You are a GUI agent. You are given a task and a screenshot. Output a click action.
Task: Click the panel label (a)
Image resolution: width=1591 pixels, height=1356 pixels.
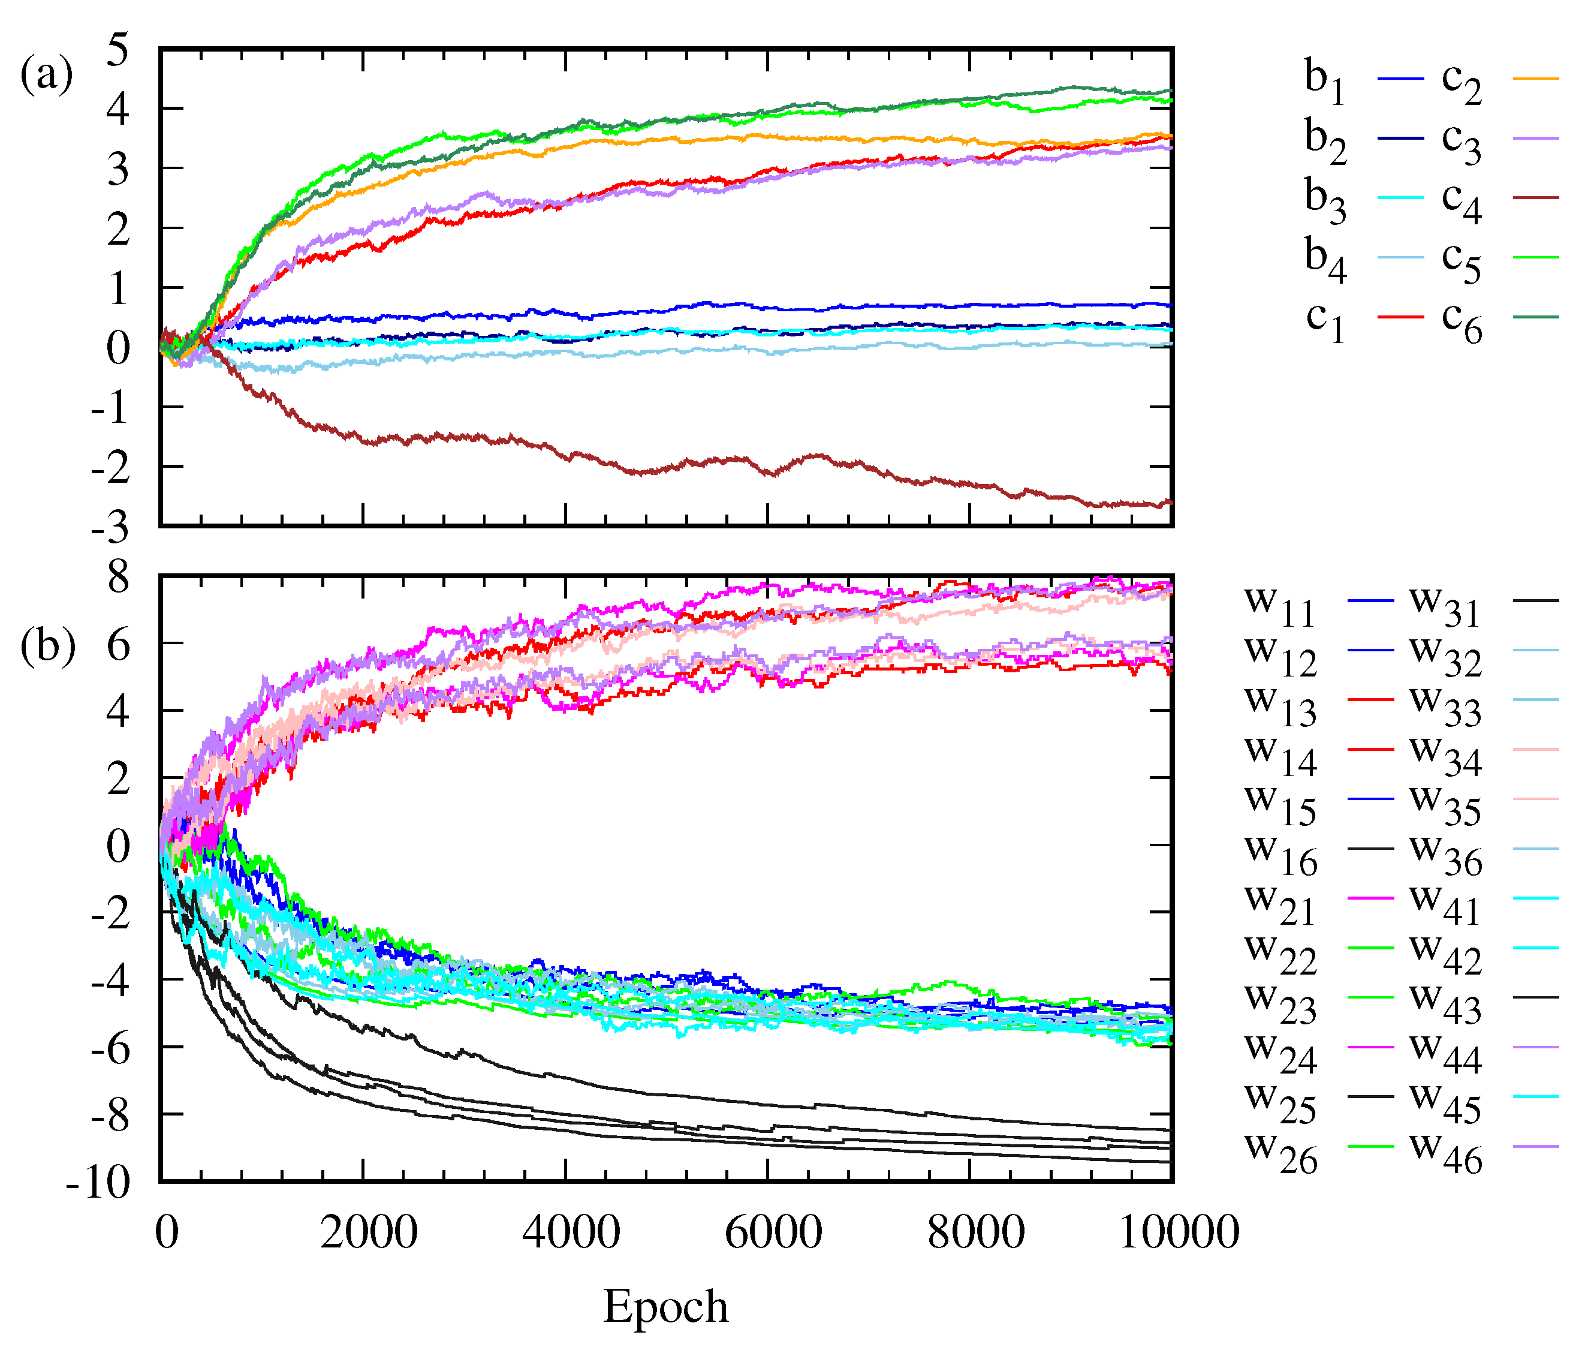(46, 76)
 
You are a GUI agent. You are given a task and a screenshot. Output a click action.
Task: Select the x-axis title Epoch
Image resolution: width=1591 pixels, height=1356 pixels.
(665, 1306)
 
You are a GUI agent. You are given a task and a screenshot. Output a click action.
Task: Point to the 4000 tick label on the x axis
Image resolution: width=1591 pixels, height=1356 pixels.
(571, 1232)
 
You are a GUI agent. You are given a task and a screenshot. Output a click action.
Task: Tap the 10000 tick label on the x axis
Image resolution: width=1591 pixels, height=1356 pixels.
(1179, 1232)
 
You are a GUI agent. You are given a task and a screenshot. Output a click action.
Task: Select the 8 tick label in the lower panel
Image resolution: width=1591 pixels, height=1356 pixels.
(118, 576)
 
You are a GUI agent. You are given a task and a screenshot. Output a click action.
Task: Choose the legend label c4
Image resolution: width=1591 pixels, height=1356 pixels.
(1462, 202)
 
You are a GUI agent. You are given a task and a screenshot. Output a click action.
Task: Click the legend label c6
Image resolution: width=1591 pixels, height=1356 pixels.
(1462, 321)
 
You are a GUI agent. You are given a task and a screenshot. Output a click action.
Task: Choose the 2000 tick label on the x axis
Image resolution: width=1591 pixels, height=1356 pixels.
(369, 1232)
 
